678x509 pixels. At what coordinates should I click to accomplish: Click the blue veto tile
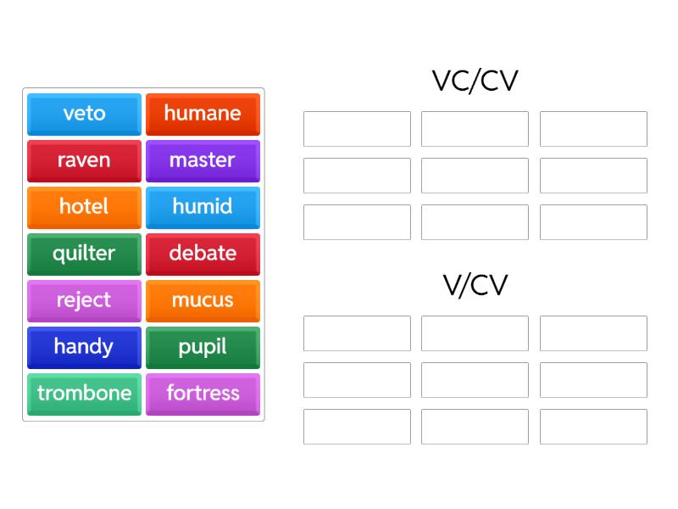(x=84, y=115)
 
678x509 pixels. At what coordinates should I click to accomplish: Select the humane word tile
(x=203, y=115)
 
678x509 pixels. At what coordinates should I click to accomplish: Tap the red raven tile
(x=84, y=161)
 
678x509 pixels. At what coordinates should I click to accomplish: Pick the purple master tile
(x=203, y=161)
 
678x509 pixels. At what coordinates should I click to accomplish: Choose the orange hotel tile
(x=84, y=208)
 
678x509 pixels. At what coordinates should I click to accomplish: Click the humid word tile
(x=203, y=208)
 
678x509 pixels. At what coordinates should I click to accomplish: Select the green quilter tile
(x=84, y=255)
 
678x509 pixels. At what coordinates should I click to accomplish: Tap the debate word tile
(x=203, y=255)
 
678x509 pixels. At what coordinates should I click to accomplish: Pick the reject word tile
(x=84, y=301)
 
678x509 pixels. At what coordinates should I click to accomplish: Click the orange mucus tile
(x=203, y=301)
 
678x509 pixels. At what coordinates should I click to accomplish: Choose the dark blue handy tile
(x=84, y=348)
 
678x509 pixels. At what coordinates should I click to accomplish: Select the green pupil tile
(x=203, y=348)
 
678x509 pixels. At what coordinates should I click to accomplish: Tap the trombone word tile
(x=84, y=394)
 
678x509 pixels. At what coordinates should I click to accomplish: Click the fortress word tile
(x=203, y=394)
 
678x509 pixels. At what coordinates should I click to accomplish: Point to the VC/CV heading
(x=475, y=81)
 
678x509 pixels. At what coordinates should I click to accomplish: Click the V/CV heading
(x=475, y=285)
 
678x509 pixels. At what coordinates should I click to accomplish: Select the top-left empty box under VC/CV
(x=357, y=129)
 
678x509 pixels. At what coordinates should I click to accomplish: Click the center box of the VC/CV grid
(x=475, y=176)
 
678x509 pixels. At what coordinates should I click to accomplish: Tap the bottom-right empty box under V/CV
(x=593, y=427)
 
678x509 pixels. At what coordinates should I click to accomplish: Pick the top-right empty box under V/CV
(x=593, y=333)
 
